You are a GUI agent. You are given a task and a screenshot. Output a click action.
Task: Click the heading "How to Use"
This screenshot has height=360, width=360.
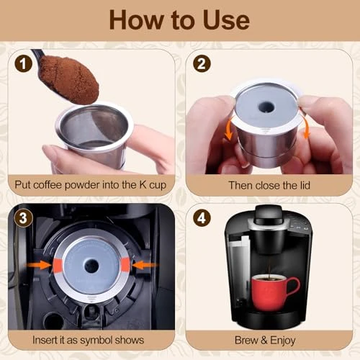coord(180,19)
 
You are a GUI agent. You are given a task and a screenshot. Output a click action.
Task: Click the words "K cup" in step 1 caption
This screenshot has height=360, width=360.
coord(148,184)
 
